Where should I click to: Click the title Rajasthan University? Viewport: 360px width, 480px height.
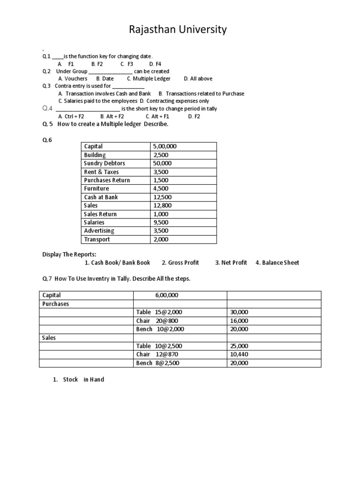tap(178, 30)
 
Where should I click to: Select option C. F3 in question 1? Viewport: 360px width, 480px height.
tap(127, 64)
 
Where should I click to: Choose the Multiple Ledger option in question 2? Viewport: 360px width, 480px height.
tap(149, 79)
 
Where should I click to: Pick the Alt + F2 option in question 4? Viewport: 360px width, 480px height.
tap(112, 116)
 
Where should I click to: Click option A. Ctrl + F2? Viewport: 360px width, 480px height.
tap(71, 116)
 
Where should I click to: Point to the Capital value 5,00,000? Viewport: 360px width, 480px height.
tap(165, 147)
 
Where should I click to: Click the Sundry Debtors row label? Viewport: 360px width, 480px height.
tap(104, 164)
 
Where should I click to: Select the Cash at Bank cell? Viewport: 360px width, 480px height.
tap(101, 197)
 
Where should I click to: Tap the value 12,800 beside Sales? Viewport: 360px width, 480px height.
tap(162, 206)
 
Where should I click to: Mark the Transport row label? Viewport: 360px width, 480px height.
tap(97, 240)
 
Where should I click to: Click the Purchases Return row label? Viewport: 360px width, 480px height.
tap(107, 180)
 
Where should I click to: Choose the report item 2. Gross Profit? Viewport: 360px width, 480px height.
tap(180, 262)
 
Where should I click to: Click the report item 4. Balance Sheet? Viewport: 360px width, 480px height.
tap(277, 262)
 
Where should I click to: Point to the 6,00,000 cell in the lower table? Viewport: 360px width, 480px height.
tap(166, 295)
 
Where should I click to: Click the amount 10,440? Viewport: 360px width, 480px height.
tap(239, 354)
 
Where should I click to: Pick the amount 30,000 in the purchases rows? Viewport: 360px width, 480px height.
tap(239, 312)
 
